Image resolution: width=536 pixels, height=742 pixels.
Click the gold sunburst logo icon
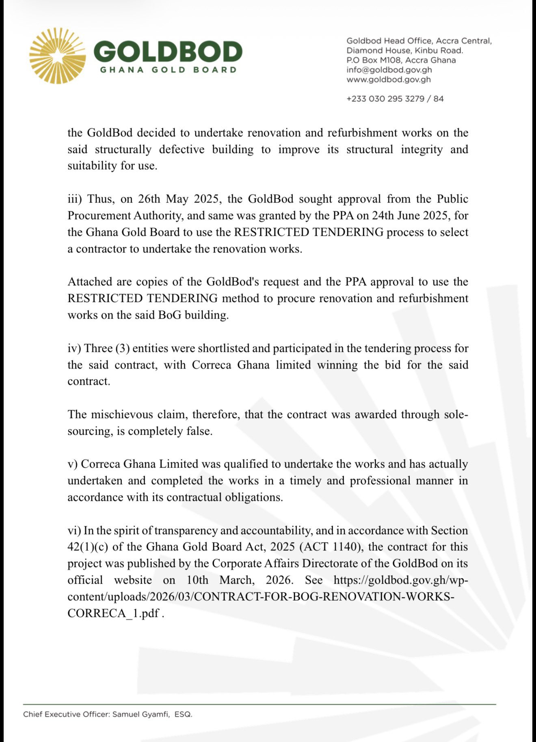click(x=57, y=56)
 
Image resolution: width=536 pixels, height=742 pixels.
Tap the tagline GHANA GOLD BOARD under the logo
click(x=168, y=70)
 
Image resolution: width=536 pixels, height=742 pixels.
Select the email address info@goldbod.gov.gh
click(x=389, y=70)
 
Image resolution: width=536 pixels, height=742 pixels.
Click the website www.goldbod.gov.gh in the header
click(x=388, y=80)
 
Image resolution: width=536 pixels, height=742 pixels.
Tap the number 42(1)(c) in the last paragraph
click(x=88, y=547)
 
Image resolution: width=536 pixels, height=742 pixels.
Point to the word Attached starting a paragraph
click(x=89, y=282)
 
